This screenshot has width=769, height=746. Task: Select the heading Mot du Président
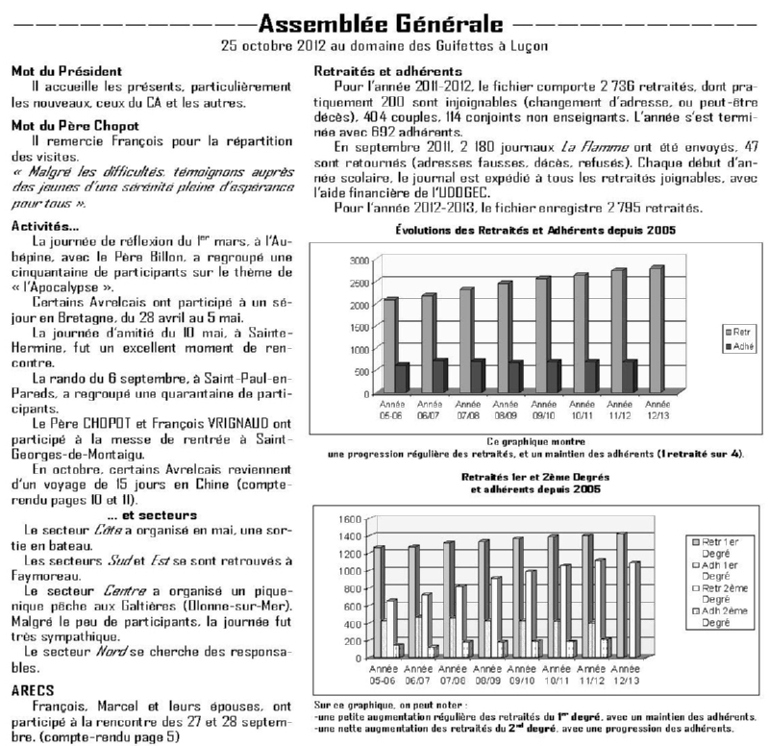coord(66,71)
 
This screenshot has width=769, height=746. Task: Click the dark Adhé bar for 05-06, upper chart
coord(374,379)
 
